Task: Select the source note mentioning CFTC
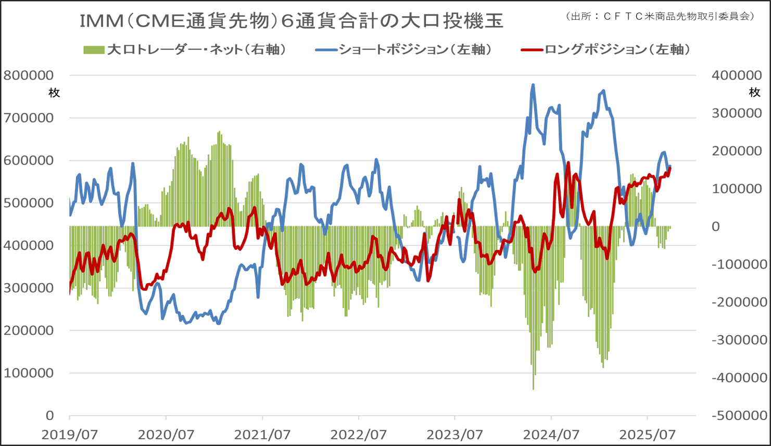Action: point(659,16)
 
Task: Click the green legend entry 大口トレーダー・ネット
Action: point(185,50)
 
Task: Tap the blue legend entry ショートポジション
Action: point(403,50)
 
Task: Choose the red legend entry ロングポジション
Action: point(606,50)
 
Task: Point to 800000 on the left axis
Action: point(29,75)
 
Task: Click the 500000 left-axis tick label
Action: point(29,203)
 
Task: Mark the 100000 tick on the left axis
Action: point(29,373)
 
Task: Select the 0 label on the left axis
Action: point(49,415)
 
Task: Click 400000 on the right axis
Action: point(737,75)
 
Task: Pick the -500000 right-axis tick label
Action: point(739,415)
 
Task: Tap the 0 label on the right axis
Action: point(716,226)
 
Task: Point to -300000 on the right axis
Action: point(739,340)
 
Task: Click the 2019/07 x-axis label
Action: point(69,434)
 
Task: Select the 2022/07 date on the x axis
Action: point(359,434)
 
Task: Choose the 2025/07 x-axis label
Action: point(648,434)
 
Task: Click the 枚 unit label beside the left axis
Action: point(54,93)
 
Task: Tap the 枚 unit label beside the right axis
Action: point(754,93)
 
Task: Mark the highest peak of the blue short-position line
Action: point(533,84)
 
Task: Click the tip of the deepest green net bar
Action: point(534,389)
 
